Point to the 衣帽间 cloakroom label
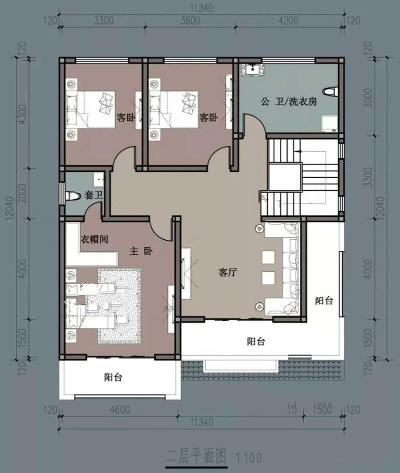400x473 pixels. click(94, 239)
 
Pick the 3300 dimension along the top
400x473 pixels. click(103, 21)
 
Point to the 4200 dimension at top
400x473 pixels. click(288, 21)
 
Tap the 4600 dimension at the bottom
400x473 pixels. click(119, 409)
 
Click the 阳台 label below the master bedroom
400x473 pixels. click(113, 378)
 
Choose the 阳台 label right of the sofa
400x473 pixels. click(323, 301)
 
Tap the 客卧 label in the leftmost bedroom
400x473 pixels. click(125, 118)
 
